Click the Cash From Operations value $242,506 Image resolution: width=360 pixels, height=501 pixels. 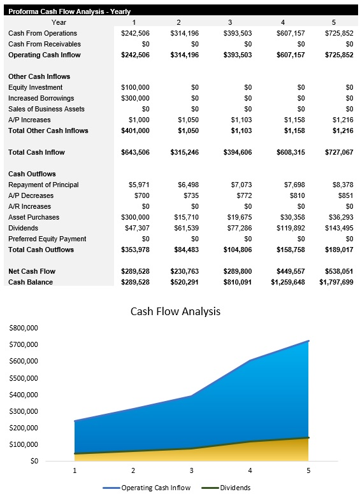point(135,33)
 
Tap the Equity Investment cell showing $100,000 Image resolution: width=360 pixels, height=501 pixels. point(135,87)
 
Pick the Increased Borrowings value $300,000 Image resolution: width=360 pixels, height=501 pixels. point(135,98)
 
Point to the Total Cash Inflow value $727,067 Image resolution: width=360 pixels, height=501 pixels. point(336,152)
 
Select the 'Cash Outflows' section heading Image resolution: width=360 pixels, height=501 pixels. point(32,174)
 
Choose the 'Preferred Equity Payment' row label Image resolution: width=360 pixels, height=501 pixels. point(47,239)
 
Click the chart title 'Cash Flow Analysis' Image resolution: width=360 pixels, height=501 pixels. point(175,311)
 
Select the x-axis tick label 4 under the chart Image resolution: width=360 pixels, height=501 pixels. point(250,471)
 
